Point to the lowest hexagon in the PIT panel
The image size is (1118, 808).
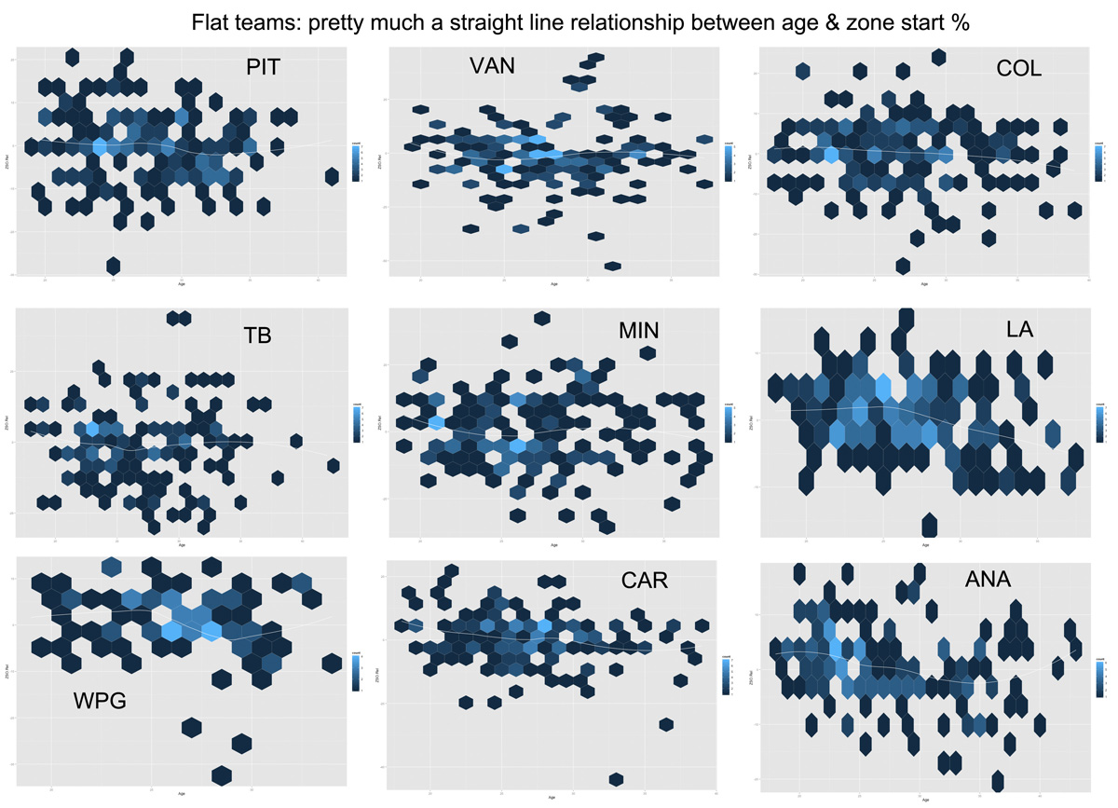click(x=114, y=266)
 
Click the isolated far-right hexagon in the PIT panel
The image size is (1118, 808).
click(x=332, y=176)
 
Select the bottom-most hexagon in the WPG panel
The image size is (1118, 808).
click(x=222, y=774)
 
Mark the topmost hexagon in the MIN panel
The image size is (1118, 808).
click(x=540, y=319)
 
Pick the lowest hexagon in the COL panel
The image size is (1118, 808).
click(x=902, y=266)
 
